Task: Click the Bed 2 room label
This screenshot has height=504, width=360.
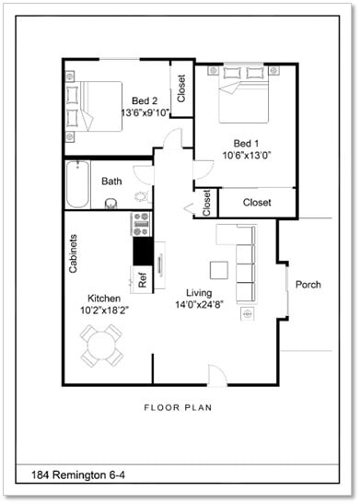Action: click(143, 100)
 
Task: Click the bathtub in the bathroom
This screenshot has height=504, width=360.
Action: click(77, 183)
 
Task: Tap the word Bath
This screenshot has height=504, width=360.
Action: click(112, 182)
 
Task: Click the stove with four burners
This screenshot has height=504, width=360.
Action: click(142, 223)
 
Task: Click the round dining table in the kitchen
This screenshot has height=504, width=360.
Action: click(99, 345)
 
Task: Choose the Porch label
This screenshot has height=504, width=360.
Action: click(308, 285)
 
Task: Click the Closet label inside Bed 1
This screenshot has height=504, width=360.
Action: click(256, 203)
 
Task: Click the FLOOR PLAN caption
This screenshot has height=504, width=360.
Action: click(180, 406)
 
